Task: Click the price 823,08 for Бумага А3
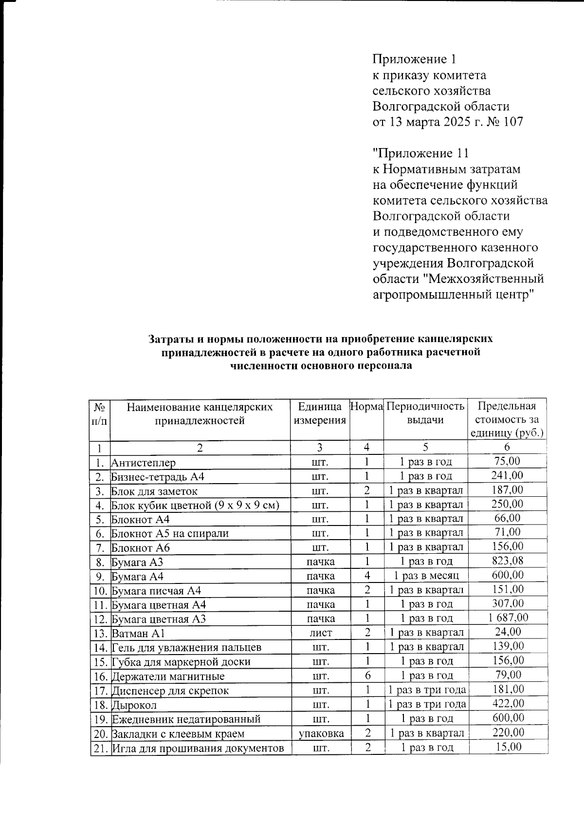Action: (x=507, y=561)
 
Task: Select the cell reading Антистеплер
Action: (x=144, y=463)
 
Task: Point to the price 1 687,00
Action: (x=508, y=618)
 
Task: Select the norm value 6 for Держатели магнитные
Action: (x=367, y=676)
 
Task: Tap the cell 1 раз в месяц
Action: (x=426, y=576)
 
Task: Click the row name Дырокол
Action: (x=134, y=705)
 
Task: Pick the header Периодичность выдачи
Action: (x=425, y=413)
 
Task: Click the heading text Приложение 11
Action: (x=420, y=153)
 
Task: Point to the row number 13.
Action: (x=100, y=633)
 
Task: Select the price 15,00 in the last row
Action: (x=508, y=747)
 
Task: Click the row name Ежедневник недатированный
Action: (x=186, y=719)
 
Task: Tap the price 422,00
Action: (x=508, y=704)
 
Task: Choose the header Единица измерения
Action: (x=320, y=413)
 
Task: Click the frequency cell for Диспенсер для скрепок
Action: (x=426, y=690)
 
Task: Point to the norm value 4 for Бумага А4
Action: (x=367, y=576)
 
